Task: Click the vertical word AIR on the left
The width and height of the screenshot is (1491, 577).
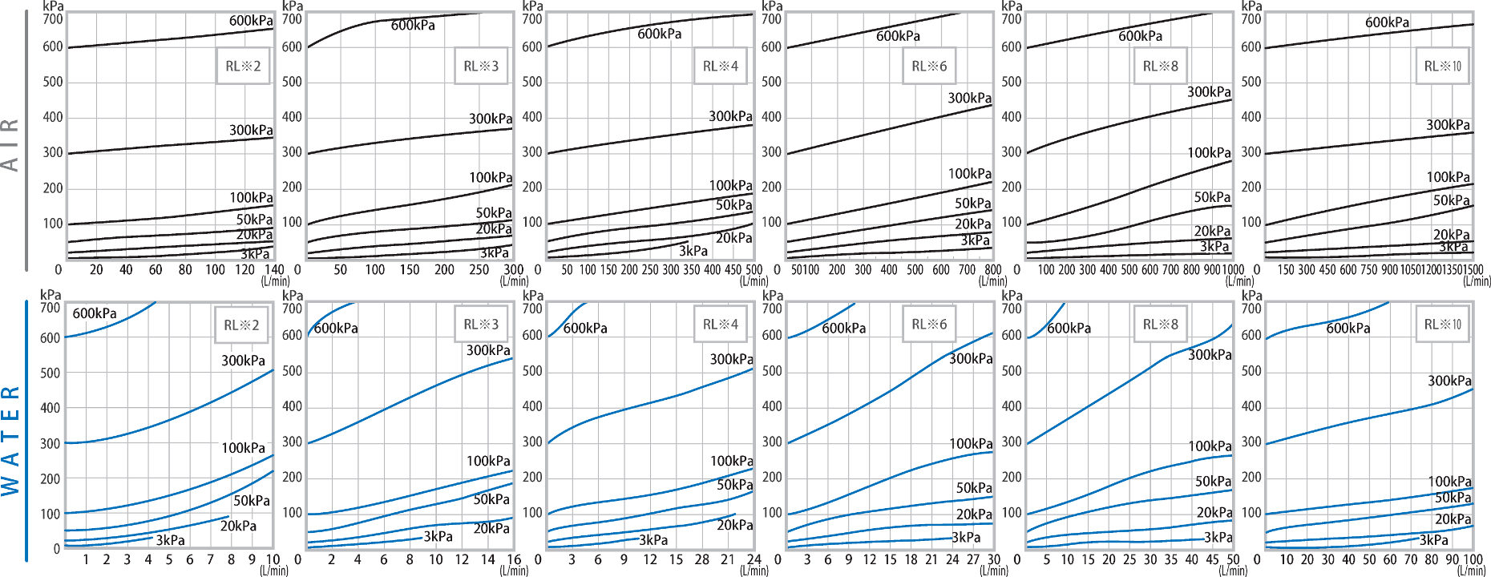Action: pos(10,145)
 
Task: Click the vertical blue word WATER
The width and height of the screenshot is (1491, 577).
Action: pos(10,441)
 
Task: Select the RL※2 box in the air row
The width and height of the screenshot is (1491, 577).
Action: pos(243,67)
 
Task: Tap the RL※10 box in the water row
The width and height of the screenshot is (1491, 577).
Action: pos(1442,325)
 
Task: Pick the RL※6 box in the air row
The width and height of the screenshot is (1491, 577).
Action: pos(929,67)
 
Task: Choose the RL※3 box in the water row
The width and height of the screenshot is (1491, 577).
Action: pos(481,325)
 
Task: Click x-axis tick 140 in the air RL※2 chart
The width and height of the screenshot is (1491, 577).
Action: pos(274,270)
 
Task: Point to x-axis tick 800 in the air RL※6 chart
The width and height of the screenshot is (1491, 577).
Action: pos(992,270)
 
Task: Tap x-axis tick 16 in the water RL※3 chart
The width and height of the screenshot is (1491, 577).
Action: pos(514,559)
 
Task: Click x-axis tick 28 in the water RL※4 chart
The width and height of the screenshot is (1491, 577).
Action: pos(702,559)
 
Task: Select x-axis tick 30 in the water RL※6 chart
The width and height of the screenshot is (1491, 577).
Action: pos(994,559)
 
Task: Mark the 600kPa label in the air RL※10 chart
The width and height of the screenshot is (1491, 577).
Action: pos(1387,22)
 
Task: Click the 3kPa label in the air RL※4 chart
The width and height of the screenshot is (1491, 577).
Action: pos(693,251)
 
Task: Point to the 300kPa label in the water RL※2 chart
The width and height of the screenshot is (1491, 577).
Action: pos(243,361)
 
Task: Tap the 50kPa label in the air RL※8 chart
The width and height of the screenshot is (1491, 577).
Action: pos(1212,197)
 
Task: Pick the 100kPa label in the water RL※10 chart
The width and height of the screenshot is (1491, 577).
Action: pos(1449,482)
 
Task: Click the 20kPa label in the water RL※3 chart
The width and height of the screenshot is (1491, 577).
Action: pos(491,528)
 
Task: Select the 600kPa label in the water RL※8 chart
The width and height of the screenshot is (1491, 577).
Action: pos(1069,328)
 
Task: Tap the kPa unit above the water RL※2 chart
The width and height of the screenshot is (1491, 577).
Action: pos(51,295)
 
